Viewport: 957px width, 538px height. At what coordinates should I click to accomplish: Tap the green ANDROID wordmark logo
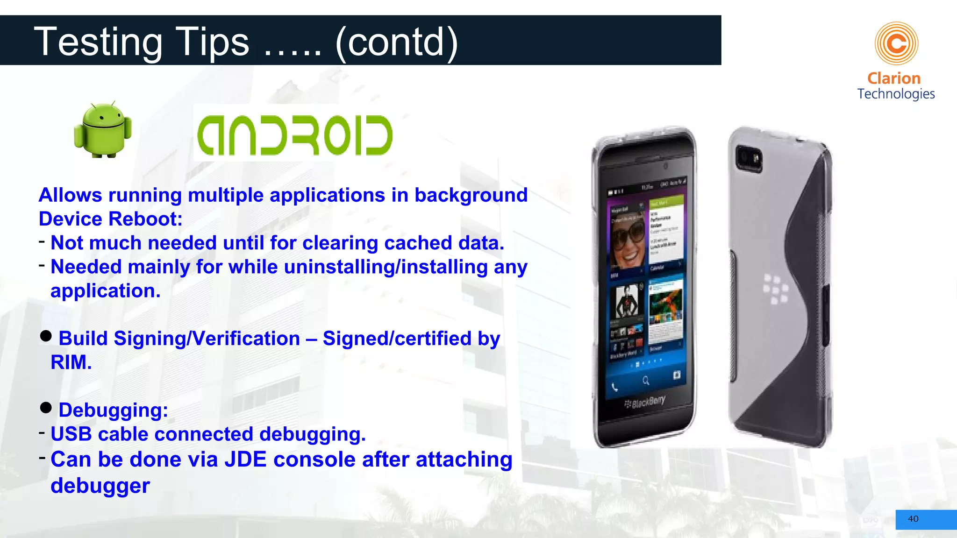[x=294, y=135]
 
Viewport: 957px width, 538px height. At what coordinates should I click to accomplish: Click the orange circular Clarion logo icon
[x=896, y=43]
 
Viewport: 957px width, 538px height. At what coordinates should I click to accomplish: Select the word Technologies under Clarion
[x=896, y=94]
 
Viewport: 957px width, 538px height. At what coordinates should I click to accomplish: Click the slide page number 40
[x=913, y=519]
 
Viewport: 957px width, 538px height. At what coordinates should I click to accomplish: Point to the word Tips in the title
[x=212, y=42]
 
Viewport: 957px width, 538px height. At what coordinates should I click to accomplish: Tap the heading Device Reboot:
[x=110, y=219]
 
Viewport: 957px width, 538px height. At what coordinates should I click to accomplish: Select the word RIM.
[x=71, y=362]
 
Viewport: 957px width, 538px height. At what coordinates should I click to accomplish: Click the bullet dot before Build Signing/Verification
[x=46, y=336]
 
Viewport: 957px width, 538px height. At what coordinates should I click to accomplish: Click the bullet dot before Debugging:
[x=46, y=408]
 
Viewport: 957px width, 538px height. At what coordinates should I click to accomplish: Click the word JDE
[x=245, y=460]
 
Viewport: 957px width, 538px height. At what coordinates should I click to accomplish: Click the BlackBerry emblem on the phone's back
[x=776, y=289]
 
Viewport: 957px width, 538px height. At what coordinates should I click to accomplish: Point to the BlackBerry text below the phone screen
[x=646, y=402]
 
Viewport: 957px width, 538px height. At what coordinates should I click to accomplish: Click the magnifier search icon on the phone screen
[x=646, y=381]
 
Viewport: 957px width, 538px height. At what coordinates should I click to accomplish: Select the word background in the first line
[x=471, y=195]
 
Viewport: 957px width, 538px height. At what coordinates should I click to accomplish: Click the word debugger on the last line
[x=100, y=486]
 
